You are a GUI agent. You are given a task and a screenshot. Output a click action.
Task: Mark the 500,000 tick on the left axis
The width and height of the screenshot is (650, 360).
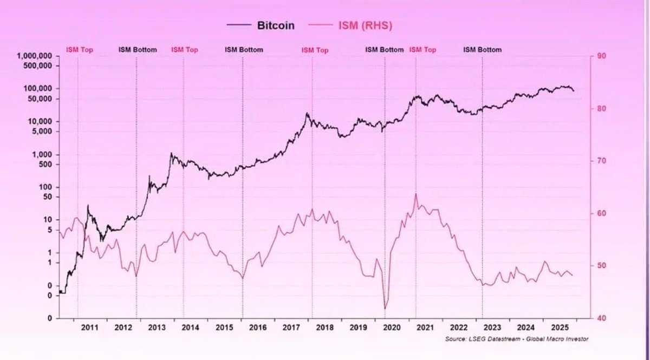click(x=37, y=66)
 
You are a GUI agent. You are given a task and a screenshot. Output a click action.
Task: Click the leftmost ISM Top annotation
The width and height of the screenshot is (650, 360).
click(x=79, y=49)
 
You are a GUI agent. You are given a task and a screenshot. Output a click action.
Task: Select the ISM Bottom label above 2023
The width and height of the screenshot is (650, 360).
click(x=482, y=49)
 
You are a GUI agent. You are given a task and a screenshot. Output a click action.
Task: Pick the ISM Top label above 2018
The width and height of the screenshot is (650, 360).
click(x=315, y=50)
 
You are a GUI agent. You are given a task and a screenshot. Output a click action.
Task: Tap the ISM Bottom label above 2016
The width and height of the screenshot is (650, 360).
click(x=244, y=49)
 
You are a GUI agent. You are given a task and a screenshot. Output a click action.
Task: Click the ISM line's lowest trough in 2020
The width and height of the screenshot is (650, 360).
click(x=386, y=309)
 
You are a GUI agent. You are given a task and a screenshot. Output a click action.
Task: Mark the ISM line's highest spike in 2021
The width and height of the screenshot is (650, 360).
click(x=415, y=194)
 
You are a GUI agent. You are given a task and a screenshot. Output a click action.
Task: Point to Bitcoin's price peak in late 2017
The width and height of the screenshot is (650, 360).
click(x=307, y=113)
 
